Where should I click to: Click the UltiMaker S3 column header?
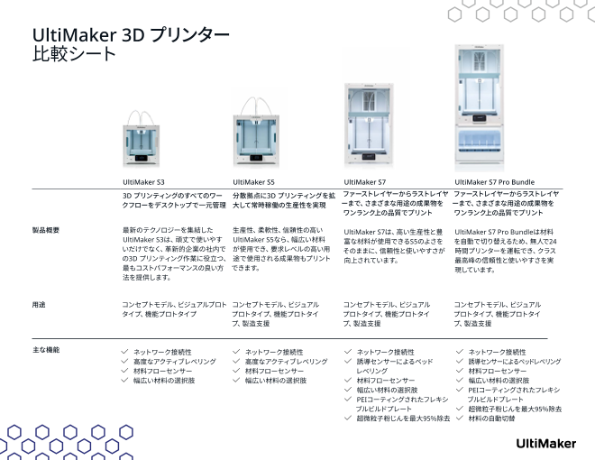coord(143,181)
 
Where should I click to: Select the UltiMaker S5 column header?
coord(253,181)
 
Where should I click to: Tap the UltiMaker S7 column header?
coord(365,181)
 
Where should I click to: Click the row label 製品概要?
coord(47,230)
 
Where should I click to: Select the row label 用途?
coord(40,305)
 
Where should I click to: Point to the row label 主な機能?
coord(47,349)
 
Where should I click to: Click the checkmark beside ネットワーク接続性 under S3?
coord(125,352)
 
